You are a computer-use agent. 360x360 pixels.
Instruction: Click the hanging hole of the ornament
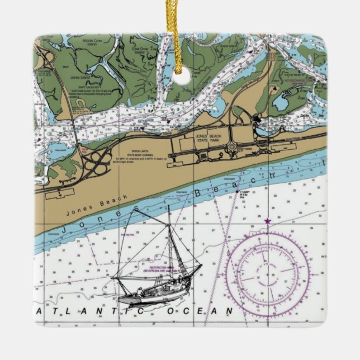click(181, 79)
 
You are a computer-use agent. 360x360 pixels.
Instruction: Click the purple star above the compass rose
click(267, 222)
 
